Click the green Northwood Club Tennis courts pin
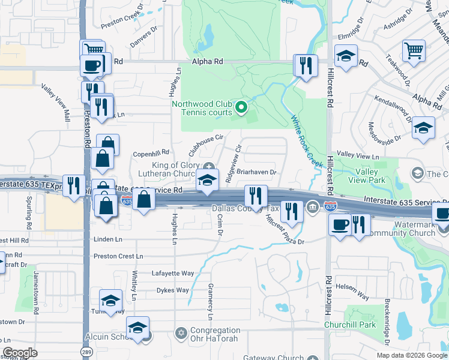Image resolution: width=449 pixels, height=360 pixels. pos(241,108)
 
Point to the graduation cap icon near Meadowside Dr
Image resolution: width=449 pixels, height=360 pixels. pos(423,128)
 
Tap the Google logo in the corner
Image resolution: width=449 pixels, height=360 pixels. pos(20,353)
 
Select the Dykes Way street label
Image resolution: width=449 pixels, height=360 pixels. pos(172,290)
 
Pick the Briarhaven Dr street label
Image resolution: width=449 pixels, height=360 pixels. pos(256,172)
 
